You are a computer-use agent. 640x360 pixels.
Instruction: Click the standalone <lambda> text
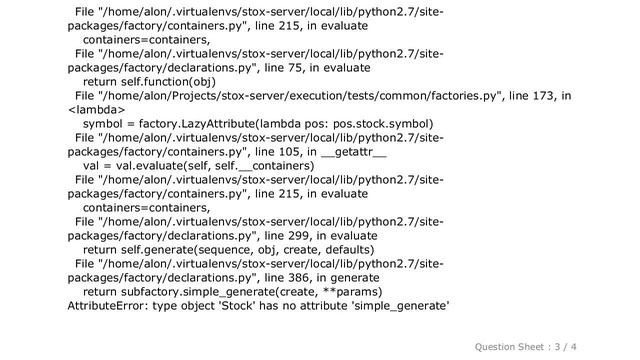pyautogui.click(x=95, y=110)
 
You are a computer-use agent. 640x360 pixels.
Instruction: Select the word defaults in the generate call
pyautogui.click(x=343, y=250)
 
